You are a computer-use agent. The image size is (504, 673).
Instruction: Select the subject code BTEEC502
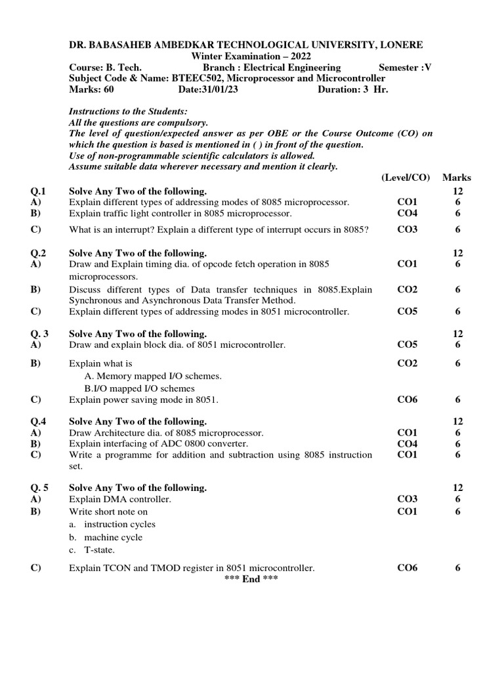coord(196,78)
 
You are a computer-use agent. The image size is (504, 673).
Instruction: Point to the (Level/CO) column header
coord(405,177)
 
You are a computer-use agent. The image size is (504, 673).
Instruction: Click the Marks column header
coord(457,177)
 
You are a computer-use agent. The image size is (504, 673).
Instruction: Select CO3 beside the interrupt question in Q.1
coord(408,229)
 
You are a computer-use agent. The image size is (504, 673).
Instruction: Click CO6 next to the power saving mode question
coord(408,399)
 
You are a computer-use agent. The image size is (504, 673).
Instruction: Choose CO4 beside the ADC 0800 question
coord(408,444)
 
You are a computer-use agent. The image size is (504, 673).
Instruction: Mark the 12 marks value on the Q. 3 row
coord(458,334)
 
